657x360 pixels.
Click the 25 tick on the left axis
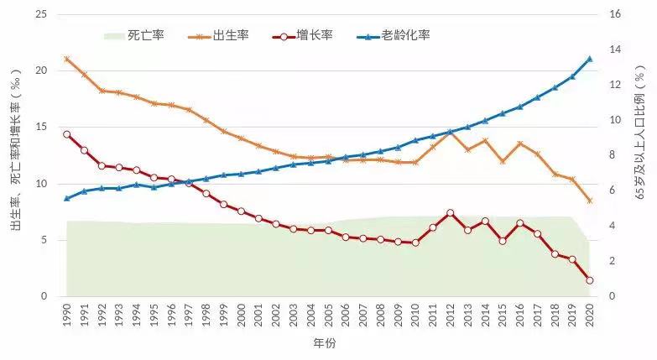(x=40, y=14)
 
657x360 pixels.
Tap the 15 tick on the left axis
(x=40, y=127)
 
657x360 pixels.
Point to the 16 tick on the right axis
(x=614, y=14)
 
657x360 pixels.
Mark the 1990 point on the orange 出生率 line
(x=66, y=59)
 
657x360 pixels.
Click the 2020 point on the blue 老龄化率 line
(x=590, y=59)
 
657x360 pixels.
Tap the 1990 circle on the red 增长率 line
(x=66, y=134)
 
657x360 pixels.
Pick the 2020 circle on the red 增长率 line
(x=590, y=280)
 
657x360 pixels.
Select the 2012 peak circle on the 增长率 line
(x=451, y=213)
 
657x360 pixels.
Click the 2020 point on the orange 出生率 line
(x=590, y=201)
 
